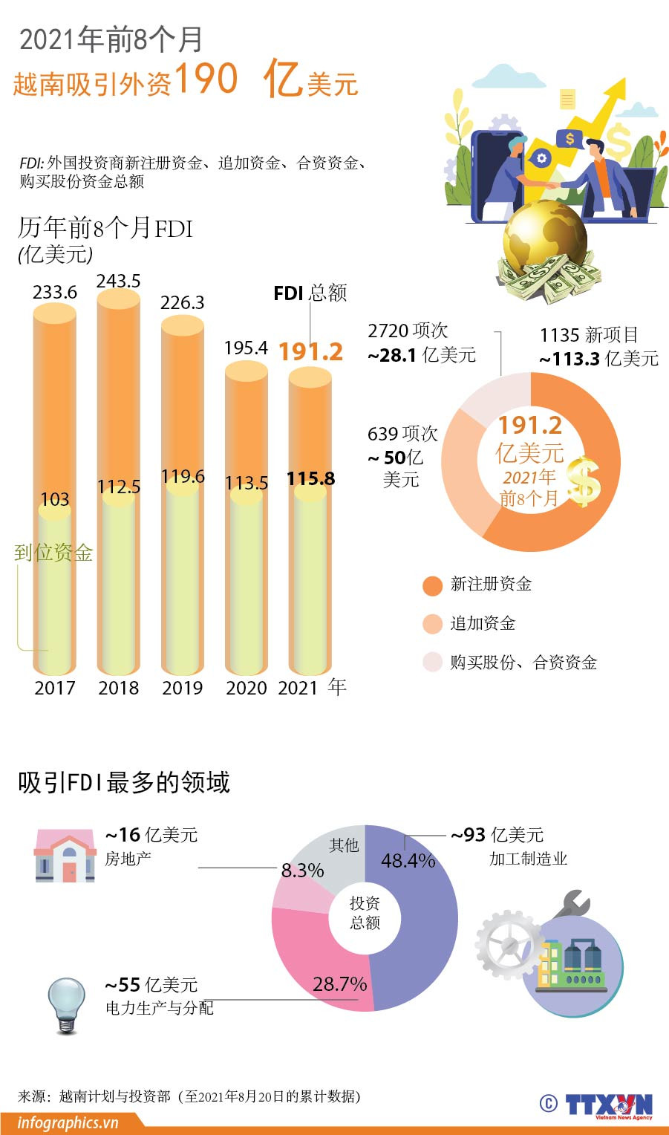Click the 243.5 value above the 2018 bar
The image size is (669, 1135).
pyautogui.click(x=118, y=281)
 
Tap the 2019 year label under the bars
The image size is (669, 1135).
pyautogui.click(x=182, y=688)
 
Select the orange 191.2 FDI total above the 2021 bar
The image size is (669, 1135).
pyautogui.click(x=310, y=351)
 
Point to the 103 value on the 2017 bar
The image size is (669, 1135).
pyautogui.click(x=55, y=499)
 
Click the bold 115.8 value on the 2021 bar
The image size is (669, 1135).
pyautogui.click(x=310, y=478)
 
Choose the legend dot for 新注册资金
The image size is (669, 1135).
pyautogui.click(x=432, y=585)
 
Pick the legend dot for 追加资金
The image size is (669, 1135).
pyautogui.click(x=432, y=624)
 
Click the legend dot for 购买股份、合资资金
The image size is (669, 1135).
pyautogui.click(x=432, y=663)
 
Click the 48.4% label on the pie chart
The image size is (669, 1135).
pyautogui.click(x=408, y=860)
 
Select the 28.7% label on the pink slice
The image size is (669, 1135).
pyautogui.click(x=339, y=984)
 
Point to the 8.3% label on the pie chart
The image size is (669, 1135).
pyautogui.click(x=302, y=870)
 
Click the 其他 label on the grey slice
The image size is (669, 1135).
pyautogui.click(x=344, y=845)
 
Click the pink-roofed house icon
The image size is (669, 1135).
pyautogui.click(x=65, y=856)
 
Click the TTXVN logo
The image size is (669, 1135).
pyautogui.click(x=608, y=1105)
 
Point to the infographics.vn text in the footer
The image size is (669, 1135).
pyautogui.click(x=68, y=1122)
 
